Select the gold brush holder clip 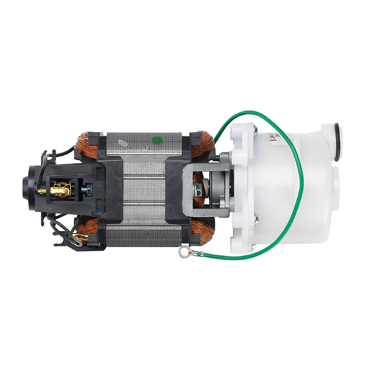tap(60, 190)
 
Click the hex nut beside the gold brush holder tap(87, 188)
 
